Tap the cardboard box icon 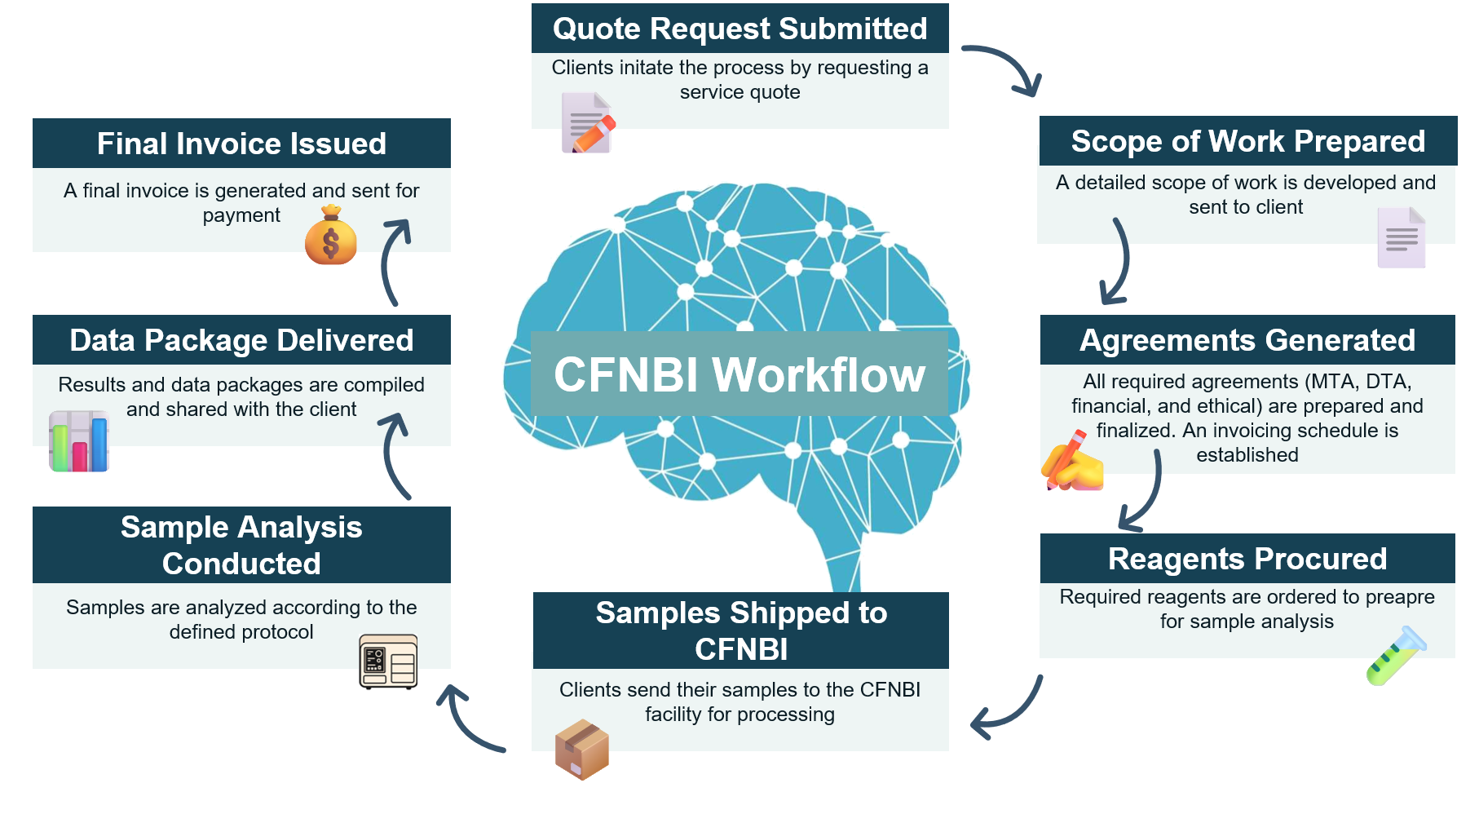pyautogui.click(x=582, y=749)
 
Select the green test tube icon pyautogui.click(x=1396, y=656)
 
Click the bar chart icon pyautogui.click(x=79, y=441)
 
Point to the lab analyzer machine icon pyautogui.click(x=388, y=663)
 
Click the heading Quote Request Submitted pyautogui.click(x=739, y=29)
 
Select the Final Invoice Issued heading pyautogui.click(x=241, y=144)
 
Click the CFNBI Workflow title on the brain pyautogui.click(x=739, y=374)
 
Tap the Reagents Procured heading pyautogui.click(x=1247, y=559)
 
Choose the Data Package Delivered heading pyautogui.click(x=241, y=340)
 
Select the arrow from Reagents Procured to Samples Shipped pyautogui.click(x=1009, y=708)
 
